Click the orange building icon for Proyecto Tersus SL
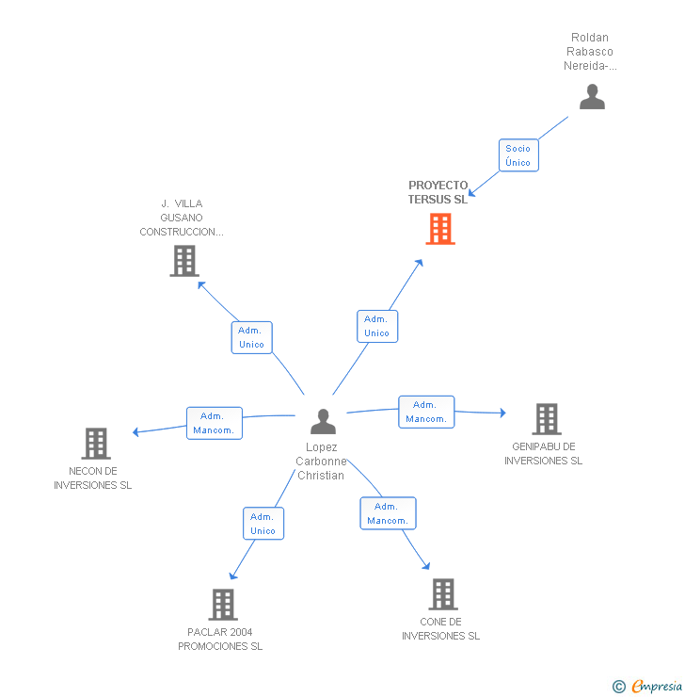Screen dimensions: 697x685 coord(440,229)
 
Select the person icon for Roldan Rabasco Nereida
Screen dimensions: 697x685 coord(592,97)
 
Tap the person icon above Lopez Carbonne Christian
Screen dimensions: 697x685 coord(323,421)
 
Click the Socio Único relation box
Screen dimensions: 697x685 coord(518,155)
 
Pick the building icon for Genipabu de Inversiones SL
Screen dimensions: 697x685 coord(546,419)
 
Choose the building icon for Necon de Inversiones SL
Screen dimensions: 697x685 coord(95,443)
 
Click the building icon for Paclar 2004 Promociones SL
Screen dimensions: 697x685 coord(222,604)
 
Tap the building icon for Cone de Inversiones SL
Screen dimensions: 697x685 coord(443,594)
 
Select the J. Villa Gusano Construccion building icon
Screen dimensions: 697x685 coord(184,261)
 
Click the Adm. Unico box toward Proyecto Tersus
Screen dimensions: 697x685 coord(377,326)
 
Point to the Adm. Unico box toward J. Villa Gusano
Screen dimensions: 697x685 coord(252,337)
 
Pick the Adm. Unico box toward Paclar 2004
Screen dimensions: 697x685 coord(263,524)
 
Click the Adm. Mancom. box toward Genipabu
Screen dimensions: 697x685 coord(426,412)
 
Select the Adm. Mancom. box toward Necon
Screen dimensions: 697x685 coord(215,423)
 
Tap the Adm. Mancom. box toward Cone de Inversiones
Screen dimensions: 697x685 coord(388,513)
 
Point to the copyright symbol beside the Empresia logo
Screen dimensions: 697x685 coord(618,687)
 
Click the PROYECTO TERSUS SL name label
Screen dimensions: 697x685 coord(438,192)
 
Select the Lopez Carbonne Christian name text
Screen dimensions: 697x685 coord(322,462)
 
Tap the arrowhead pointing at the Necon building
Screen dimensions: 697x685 coord(136,432)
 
